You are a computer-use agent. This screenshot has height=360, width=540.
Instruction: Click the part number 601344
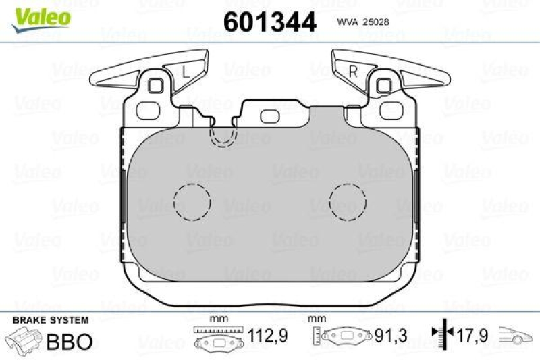[269, 22]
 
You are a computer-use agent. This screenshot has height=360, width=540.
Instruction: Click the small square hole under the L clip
[157, 86]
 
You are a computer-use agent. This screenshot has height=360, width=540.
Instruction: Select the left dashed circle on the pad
[192, 200]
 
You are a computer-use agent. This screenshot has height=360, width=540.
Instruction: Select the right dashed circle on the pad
[347, 200]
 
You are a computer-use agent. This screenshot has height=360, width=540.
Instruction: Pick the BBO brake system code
[69, 341]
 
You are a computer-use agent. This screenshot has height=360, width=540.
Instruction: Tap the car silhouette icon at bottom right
[516, 336]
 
